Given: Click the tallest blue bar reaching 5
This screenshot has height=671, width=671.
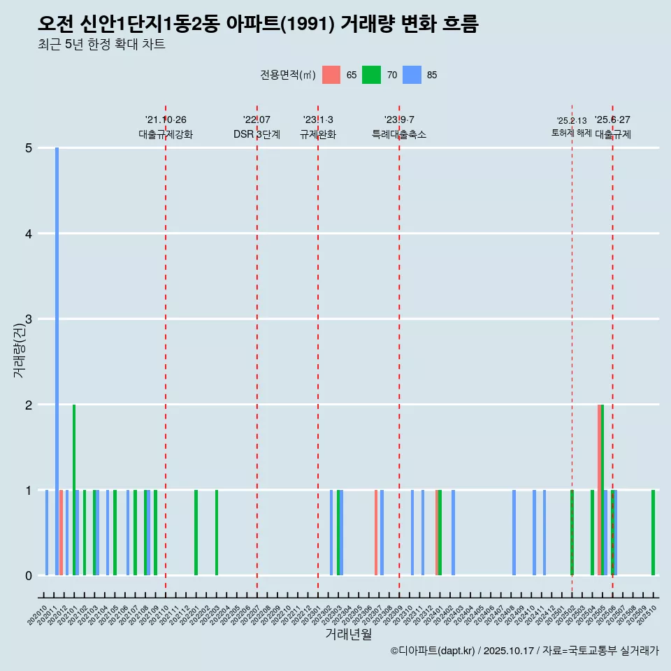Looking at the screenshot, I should tap(57, 361).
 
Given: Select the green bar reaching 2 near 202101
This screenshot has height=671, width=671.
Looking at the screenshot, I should tap(74, 489).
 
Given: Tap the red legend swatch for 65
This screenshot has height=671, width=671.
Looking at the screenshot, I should tap(331, 75).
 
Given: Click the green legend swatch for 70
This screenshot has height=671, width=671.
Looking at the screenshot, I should tap(371, 75).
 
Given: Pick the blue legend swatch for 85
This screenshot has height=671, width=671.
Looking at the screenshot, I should tap(412, 75).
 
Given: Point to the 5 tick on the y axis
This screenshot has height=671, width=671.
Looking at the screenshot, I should tap(29, 148).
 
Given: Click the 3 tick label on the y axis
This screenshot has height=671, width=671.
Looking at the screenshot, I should tap(29, 319).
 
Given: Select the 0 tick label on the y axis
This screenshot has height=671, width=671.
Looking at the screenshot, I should tap(29, 576).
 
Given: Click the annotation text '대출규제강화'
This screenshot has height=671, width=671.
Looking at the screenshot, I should tap(166, 134).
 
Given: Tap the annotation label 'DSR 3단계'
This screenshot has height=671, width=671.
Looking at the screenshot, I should tap(257, 134).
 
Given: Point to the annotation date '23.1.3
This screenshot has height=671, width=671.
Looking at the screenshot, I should tap(318, 120).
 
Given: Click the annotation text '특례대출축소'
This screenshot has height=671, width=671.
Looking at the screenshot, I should tap(399, 134).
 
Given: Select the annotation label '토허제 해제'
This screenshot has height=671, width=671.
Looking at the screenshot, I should tap(571, 133).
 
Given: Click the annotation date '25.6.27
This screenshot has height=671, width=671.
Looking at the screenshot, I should tap(612, 120).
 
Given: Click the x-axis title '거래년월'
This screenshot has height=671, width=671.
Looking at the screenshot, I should tap(348, 634).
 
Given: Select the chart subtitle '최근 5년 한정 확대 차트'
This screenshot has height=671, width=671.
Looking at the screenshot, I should tap(101, 45).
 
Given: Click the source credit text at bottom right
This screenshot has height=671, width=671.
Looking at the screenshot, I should tap(524, 651).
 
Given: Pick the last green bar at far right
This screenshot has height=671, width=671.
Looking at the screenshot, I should tap(653, 533).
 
